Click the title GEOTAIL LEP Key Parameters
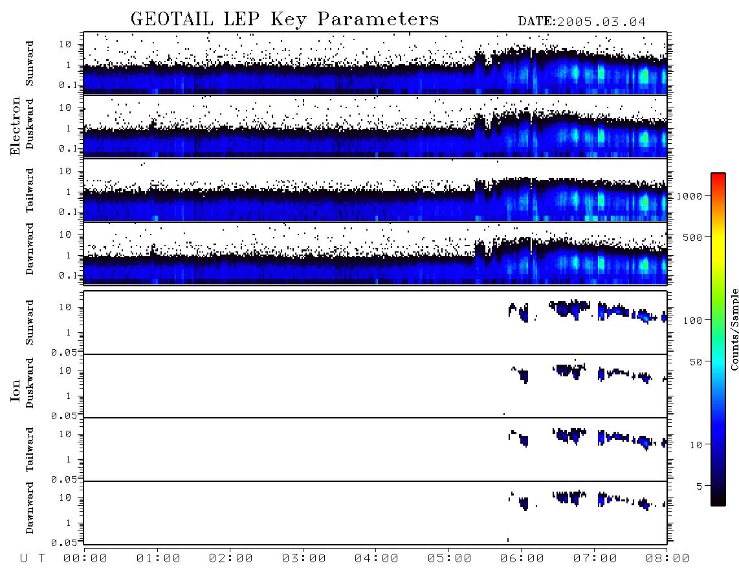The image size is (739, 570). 285,19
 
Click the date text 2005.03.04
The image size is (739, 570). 601,22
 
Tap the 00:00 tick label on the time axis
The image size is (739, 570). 85,558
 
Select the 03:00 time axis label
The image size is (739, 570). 303,558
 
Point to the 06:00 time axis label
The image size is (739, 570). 522,558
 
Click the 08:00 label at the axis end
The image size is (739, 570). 667,558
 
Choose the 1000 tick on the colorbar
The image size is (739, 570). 689,196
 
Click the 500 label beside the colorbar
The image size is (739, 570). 692,237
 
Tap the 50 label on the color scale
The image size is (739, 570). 696,362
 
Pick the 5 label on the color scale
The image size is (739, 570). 699,486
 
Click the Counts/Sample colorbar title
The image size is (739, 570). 734,329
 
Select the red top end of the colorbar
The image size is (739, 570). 718,175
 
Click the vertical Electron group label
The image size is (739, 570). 16,126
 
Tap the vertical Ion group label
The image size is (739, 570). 16,390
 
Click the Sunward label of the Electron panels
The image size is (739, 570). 29,63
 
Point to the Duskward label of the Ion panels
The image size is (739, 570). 29,383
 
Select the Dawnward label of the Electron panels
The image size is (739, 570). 29,249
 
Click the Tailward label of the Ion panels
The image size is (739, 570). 29,450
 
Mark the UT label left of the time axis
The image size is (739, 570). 33,558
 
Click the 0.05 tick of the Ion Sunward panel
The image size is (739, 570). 65,352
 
